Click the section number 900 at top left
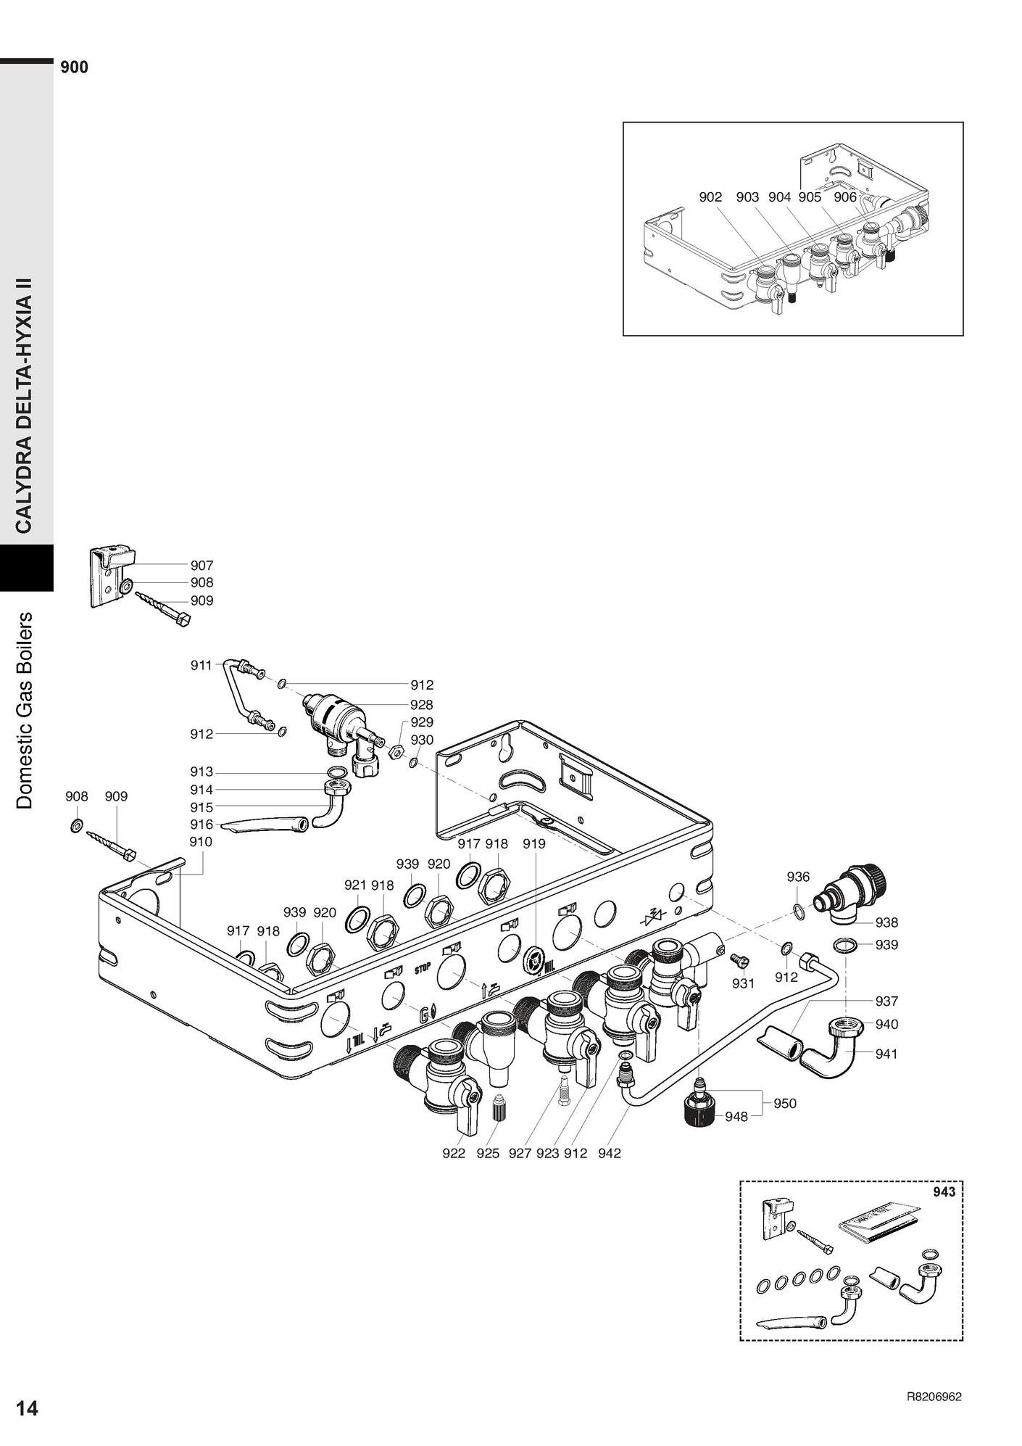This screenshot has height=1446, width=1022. [75, 67]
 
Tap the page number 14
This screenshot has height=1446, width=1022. [27, 1408]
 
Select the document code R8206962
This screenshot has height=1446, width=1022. [934, 1397]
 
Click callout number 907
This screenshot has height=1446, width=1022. [202, 565]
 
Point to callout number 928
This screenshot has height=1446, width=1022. [421, 704]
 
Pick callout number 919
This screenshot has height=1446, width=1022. [534, 844]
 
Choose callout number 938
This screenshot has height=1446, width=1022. [886, 922]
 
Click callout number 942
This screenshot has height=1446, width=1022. [610, 1153]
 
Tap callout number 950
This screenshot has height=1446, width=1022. [784, 1103]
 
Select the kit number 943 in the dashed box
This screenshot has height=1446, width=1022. [944, 1191]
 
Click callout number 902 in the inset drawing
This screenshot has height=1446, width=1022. [710, 197]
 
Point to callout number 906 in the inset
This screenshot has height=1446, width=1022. [844, 197]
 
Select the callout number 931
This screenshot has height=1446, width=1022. [743, 983]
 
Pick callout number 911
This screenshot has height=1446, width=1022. [201, 665]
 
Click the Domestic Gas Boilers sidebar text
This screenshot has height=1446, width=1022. [25, 711]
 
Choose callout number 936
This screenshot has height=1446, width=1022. [798, 877]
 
